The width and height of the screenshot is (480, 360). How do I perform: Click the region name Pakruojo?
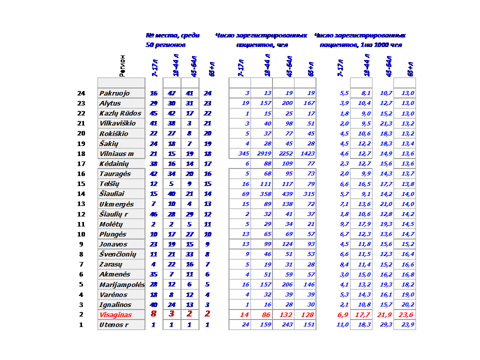pyautogui.click(x=114, y=93)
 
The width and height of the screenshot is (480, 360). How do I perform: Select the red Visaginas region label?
pyautogui.click(x=115, y=314)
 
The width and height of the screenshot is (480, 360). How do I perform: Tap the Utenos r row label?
pyautogui.click(x=113, y=325)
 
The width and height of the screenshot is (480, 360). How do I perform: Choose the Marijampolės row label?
pyautogui.click(x=122, y=284)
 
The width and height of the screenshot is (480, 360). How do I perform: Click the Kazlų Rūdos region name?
pyautogui.click(x=120, y=113)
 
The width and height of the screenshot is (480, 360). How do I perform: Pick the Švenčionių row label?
pyautogui.click(x=118, y=254)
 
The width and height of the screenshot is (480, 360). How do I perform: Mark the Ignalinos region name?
pyautogui.click(x=115, y=304)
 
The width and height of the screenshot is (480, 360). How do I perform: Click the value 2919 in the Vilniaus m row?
pyautogui.click(x=262, y=153)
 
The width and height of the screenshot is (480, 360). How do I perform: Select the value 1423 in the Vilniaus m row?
pyautogui.click(x=305, y=153)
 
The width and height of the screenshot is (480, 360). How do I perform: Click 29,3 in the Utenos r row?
pyautogui.click(x=386, y=325)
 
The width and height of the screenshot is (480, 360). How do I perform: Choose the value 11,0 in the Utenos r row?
pyautogui.click(x=342, y=325)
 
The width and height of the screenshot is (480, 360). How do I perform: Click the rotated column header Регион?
pyautogui.click(x=123, y=65)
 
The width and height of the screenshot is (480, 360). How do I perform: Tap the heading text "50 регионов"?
pyautogui.click(x=165, y=45)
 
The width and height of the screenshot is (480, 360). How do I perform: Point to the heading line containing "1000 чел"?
pyautogui.click(x=360, y=45)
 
